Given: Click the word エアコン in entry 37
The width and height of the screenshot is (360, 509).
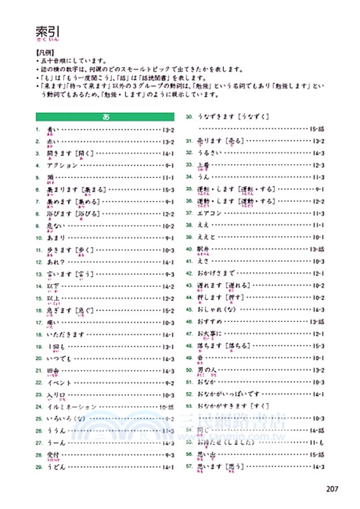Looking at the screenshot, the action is (x=212, y=213).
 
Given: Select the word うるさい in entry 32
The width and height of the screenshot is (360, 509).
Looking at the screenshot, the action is (x=212, y=153).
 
